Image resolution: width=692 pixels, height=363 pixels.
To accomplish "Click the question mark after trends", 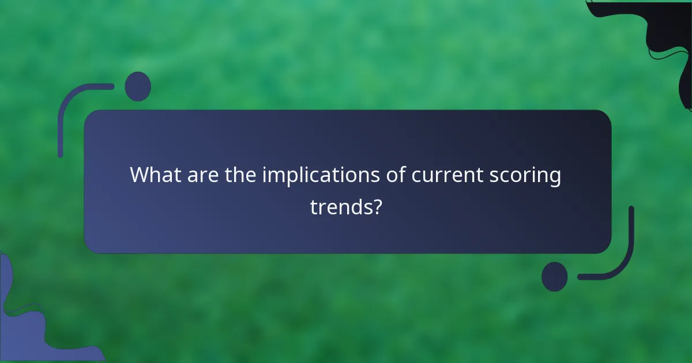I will pyautogui.click(x=376, y=206).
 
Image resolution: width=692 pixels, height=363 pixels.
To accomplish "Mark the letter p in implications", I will pyautogui.click(x=292, y=178).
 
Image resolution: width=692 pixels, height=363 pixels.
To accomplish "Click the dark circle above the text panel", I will pyautogui.click(x=138, y=86).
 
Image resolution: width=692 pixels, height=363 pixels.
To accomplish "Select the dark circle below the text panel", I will pyautogui.click(x=555, y=277).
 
